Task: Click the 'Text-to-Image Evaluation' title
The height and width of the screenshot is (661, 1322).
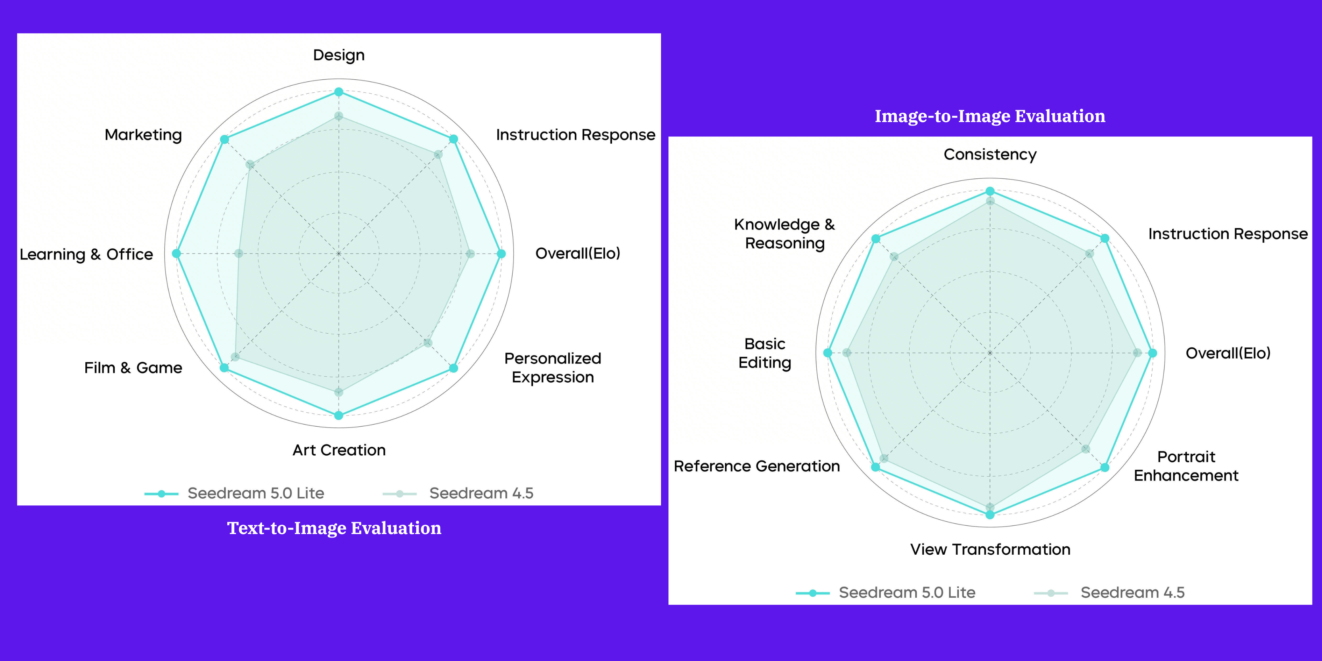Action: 334,528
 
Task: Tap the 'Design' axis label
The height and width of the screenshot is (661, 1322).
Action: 339,55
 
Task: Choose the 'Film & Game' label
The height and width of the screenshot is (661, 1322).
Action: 133,368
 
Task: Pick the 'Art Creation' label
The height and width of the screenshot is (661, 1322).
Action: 339,450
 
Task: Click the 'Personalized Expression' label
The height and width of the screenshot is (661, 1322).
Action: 553,368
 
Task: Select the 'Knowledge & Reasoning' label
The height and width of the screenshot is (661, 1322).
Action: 785,234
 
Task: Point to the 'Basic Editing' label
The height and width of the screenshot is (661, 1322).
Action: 765,353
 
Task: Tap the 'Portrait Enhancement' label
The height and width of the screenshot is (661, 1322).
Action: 1186,466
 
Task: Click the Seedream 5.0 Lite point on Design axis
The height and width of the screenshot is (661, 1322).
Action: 339,92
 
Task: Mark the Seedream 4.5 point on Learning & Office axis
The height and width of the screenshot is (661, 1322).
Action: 239,254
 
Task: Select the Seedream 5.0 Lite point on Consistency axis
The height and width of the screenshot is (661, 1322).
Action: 990,191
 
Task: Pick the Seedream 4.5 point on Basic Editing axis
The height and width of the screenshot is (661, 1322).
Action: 847,353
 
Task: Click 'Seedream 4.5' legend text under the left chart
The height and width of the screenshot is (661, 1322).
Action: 481,493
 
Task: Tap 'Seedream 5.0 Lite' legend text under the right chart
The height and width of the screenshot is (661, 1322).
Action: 907,593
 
